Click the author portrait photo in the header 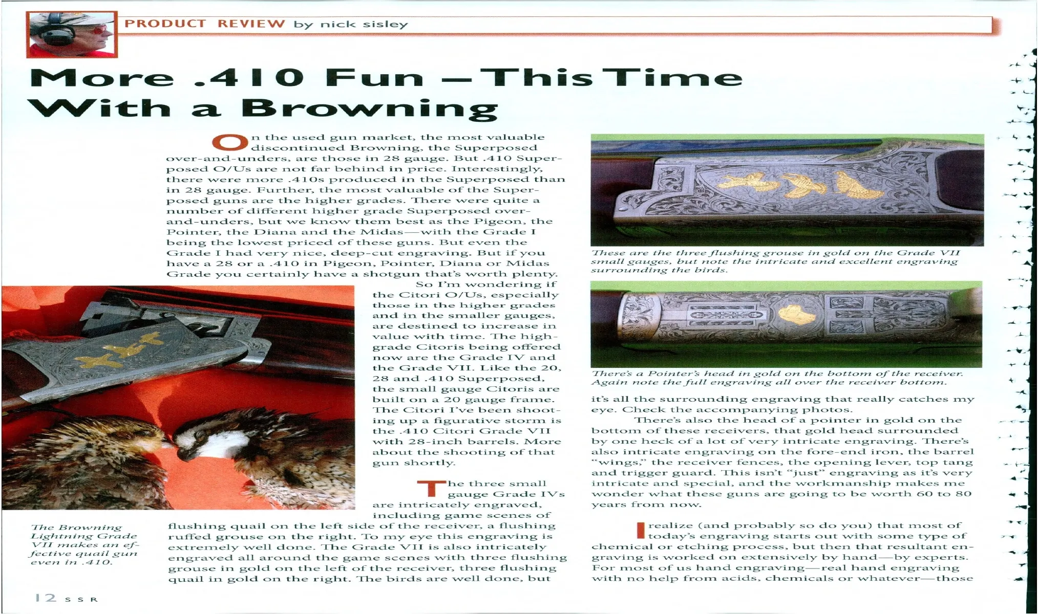coord(72,34)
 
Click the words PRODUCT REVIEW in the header coord(205,24)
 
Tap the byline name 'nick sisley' coord(364,24)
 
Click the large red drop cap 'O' coord(229,142)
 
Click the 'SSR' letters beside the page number coord(81,599)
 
